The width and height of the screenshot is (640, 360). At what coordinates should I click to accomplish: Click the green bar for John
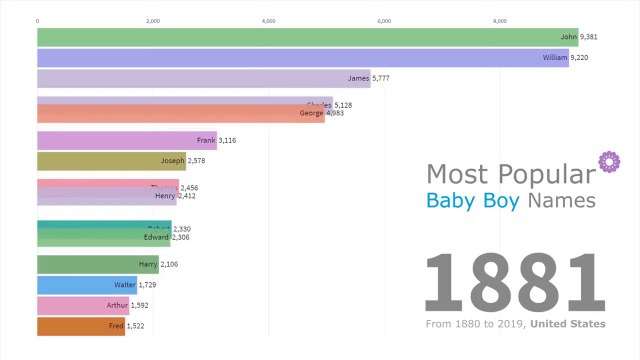(300, 37)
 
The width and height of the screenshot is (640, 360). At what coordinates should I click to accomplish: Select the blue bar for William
(300, 58)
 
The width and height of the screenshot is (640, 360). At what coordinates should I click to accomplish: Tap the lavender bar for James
(200, 79)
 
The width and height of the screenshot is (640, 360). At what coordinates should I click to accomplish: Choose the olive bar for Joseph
(100, 161)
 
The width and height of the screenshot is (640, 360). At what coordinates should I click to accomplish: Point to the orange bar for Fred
(70, 326)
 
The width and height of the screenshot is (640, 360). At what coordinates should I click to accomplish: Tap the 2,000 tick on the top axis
(153, 20)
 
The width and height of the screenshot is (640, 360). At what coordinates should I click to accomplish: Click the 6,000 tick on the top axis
(384, 20)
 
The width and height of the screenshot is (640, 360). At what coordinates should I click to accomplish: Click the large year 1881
(515, 283)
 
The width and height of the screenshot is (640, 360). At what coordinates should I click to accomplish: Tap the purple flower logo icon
(605, 161)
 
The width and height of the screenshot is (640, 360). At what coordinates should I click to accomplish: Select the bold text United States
(568, 324)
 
